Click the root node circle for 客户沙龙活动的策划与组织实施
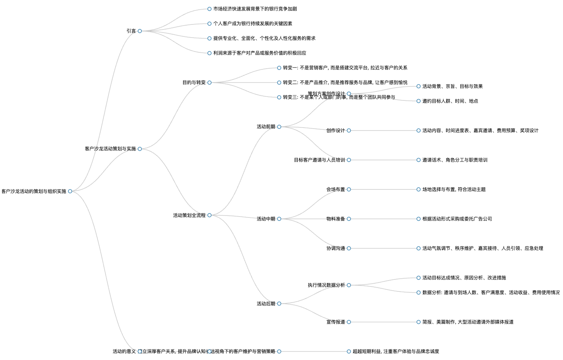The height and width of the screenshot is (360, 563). (70, 191)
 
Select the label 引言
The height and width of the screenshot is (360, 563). (131, 31)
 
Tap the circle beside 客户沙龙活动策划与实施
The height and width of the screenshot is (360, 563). (140, 149)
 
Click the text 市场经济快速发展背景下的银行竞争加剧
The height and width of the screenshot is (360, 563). (255, 9)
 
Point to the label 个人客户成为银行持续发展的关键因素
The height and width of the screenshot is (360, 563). (252, 24)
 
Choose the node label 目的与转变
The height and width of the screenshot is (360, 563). (194, 83)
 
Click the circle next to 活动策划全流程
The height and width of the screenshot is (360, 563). (209, 215)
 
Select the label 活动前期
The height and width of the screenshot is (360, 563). (266, 127)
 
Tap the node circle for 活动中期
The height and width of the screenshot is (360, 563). (279, 219)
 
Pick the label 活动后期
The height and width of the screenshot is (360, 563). (266, 304)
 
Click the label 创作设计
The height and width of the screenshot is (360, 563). (335, 131)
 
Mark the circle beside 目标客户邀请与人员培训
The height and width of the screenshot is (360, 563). (349, 160)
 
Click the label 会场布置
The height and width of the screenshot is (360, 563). (335, 189)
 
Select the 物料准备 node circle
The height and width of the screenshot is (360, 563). (349, 219)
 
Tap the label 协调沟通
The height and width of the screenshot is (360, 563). (335, 248)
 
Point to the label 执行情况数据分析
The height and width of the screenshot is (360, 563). (326, 285)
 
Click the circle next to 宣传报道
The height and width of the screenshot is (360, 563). (349, 322)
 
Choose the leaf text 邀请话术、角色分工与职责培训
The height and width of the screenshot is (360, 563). (455, 160)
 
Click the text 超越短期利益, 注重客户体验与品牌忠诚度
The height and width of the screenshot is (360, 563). (396, 351)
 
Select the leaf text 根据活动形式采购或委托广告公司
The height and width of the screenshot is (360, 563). (457, 219)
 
